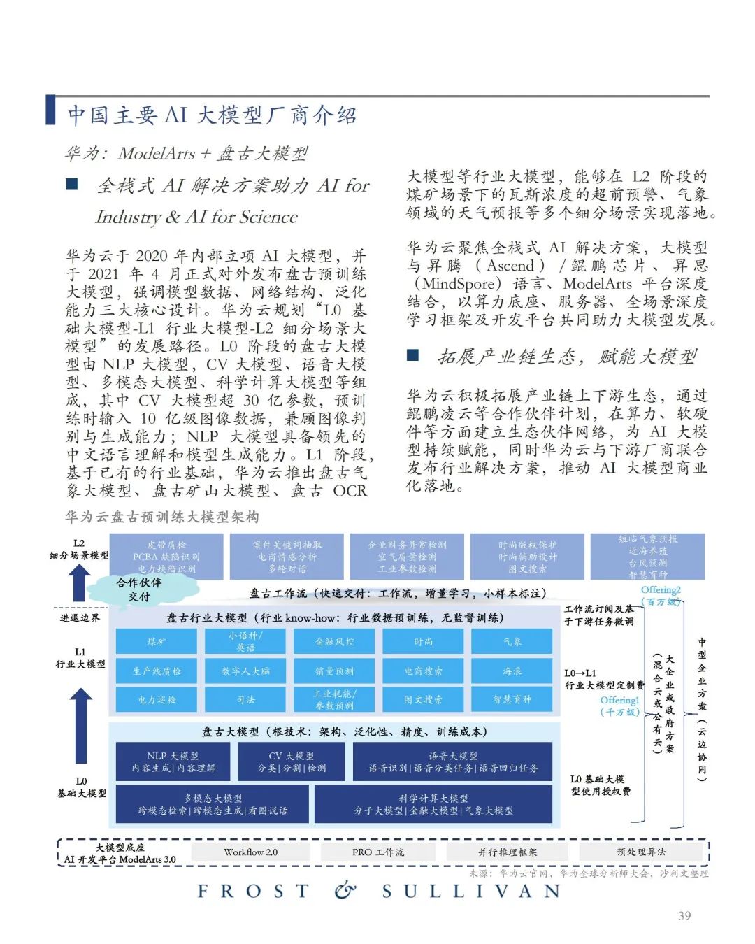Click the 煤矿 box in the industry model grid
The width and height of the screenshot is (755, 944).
(x=157, y=641)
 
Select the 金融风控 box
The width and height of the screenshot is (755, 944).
(x=334, y=641)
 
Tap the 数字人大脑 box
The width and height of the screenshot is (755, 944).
(x=245, y=671)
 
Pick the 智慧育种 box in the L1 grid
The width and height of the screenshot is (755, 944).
(x=512, y=699)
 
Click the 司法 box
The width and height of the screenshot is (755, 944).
(x=245, y=699)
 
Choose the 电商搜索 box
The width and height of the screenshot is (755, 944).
(x=423, y=671)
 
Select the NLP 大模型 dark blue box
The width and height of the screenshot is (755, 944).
(x=173, y=761)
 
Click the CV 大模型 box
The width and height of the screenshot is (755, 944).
(x=292, y=761)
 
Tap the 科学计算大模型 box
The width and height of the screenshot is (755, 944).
(x=433, y=804)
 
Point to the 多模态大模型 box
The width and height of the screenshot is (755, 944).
(x=213, y=804)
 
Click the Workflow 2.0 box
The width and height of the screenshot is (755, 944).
(x=250, y=852)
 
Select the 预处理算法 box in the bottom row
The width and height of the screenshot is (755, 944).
(x=641, y=852)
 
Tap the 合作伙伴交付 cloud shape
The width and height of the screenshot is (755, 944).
(x=139, y=589)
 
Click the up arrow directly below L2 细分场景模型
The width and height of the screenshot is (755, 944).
(x=80, y=582)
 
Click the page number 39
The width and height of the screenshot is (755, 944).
(x=684, y=915)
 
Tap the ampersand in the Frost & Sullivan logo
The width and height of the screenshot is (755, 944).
(x=345, y=890)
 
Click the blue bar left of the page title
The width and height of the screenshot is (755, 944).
(x=50, y=110)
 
